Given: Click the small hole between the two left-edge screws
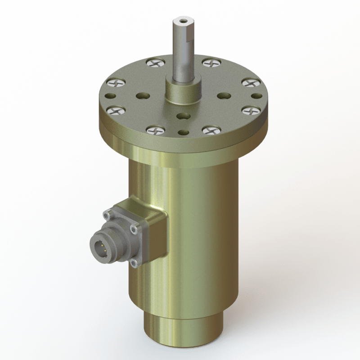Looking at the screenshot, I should pos(110,96).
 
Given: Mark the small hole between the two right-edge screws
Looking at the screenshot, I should pos(255,95).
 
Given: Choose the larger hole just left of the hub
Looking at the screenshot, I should pos(143,96).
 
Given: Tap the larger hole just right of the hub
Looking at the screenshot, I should pos(222,95).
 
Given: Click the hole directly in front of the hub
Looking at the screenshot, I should pos(182,116).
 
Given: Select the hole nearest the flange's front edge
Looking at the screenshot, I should pos(182,132).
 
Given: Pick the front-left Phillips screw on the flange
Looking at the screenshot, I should pos(156,130).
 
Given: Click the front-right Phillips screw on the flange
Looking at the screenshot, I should pos(210,130).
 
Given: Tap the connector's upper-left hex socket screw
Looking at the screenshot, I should pos(108,216).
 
